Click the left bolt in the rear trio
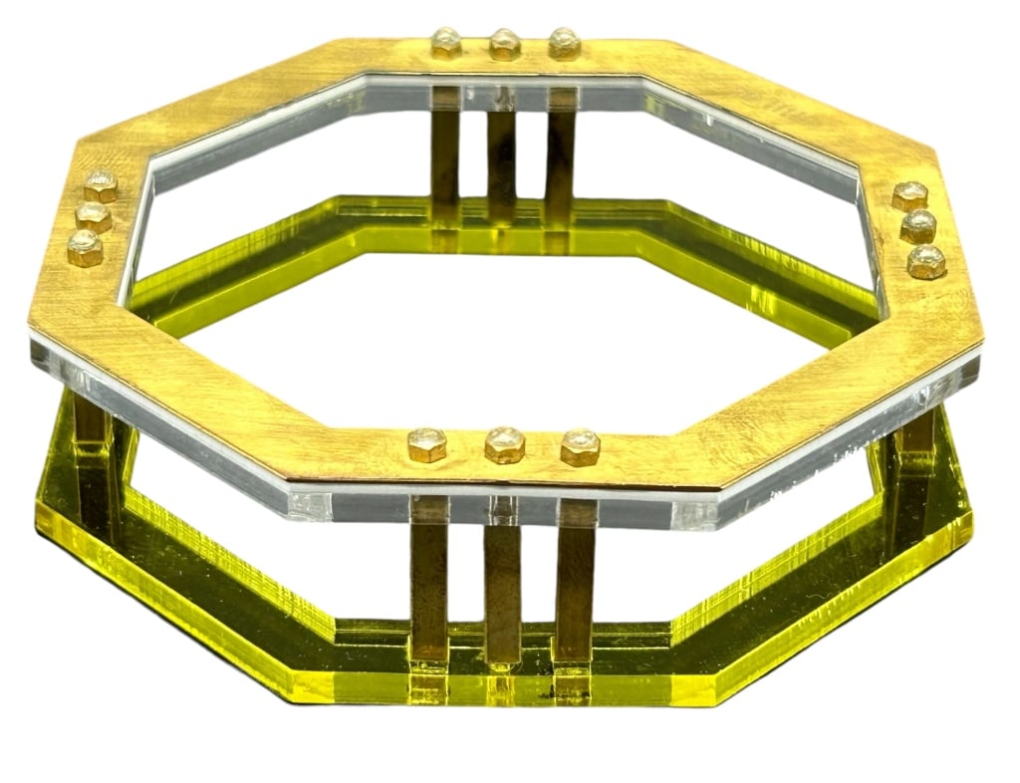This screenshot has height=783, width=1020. click(445, 43)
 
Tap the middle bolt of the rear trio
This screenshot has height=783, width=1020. click(504, 43)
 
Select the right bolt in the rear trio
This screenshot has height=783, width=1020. click(564, 43)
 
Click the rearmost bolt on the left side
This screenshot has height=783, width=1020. click(101, 185)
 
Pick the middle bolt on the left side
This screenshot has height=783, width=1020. click(93, 215)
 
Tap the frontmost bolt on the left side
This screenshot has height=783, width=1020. click(85, 247)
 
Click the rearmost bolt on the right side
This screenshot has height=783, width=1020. click(909, 195)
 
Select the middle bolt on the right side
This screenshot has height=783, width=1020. click(918, 226)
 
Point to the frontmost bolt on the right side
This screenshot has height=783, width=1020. click(926, 261)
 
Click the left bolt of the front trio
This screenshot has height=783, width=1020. click(426, 444)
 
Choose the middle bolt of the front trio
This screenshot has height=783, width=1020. click(504, 444)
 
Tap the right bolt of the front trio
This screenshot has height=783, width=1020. click(580, 446)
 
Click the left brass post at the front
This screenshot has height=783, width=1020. click(429, 578)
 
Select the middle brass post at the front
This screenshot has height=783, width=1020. click(503, 583)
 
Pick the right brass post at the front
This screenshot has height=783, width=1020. click(575, 578)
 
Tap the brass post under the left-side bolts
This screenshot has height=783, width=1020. click(95, 438)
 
